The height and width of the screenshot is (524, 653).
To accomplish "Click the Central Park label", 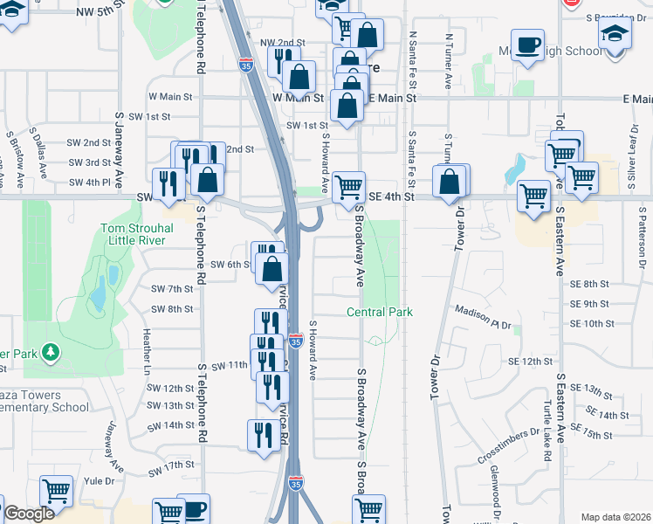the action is click(379, 312).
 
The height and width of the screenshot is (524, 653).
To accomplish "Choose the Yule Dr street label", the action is click(99, 480).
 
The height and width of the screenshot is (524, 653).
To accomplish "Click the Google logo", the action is click(29, 514).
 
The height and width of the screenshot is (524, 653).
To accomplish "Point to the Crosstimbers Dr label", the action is click(509, 446).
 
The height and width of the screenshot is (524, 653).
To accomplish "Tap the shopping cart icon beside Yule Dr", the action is click(57, 492).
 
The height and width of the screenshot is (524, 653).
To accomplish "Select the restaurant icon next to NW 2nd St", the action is click(283, 60).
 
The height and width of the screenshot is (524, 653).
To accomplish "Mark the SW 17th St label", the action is click(170, 465).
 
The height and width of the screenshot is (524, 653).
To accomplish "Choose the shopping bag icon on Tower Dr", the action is click(449, 183).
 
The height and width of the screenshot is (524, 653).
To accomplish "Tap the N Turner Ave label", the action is click(448, 61).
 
